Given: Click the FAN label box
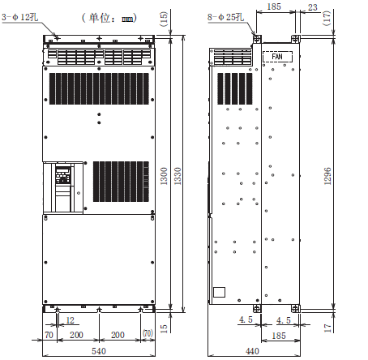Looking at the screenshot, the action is click(277, 57).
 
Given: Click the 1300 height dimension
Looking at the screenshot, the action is click(164, 176).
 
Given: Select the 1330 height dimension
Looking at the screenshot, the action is click(178, 176).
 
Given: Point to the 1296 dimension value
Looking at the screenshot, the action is click(327, 176).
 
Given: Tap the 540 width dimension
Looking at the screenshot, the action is click(99, 351).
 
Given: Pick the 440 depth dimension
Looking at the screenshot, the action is click(252, 351).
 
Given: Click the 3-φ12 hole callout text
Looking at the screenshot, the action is click(19, 17).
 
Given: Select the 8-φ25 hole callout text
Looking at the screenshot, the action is click(225, 17).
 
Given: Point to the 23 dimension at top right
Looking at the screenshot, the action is click(313, 7).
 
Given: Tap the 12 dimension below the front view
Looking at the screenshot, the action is click(70, 320).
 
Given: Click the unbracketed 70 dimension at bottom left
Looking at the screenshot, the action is click(49, 335).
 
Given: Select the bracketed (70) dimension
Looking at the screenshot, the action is click(148, 333).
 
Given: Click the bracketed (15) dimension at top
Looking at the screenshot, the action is click(164, 19).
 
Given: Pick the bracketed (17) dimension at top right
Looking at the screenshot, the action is click(327, 18).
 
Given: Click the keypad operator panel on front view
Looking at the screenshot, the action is click(63, 176).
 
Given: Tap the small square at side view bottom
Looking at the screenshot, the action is click(219, 292).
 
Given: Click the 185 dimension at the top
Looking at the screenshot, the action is click(274, 6).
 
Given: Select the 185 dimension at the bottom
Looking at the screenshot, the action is click(279, 336).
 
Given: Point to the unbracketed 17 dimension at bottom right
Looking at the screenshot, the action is click(327, 328).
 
